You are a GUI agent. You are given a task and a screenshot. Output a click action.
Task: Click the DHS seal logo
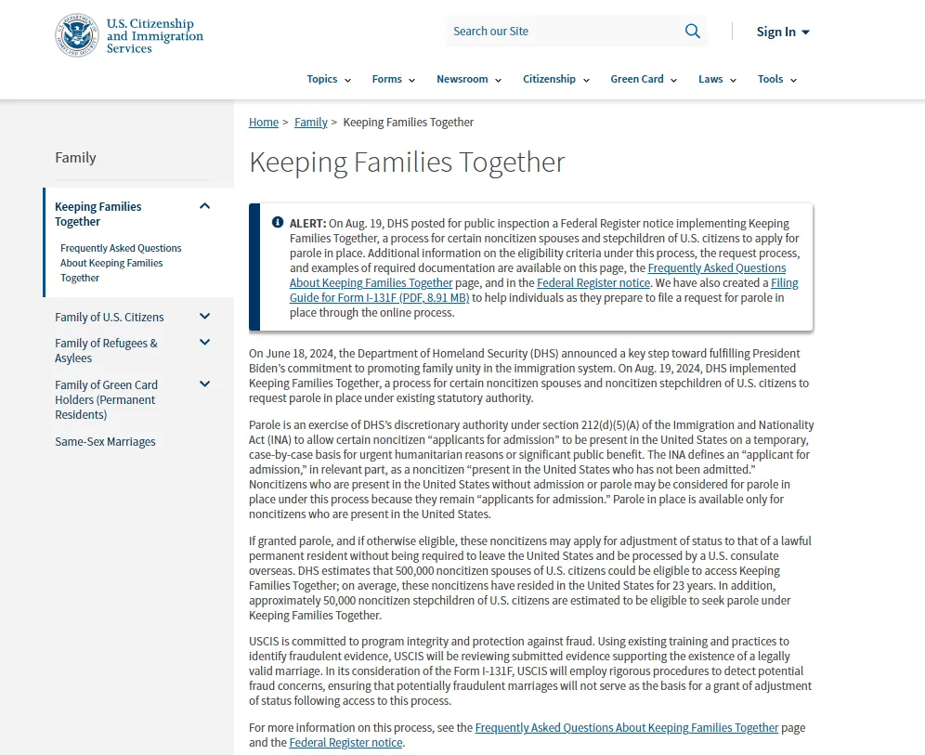pos(76,35)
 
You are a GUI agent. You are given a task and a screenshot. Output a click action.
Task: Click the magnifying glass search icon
pos(693,32)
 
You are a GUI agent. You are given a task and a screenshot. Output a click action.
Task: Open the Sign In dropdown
pos(782,32)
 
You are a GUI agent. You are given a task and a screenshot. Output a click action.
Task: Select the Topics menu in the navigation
pos(329,79)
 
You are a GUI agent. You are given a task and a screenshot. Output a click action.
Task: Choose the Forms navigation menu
pos(393,79)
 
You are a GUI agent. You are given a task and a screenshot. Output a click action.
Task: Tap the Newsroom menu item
pos(468,79)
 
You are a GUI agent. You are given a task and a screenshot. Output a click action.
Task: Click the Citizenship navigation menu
pos(555,79)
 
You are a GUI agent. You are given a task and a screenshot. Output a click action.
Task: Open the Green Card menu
pos(644,79)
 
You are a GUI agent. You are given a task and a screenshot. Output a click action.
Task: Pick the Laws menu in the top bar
pos(717,79)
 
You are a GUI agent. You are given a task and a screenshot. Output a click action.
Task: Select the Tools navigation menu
pos(776,79)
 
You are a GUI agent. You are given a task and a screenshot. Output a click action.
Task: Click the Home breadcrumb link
pos(264,123)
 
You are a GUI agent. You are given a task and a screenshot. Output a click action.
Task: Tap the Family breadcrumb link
pos(311,123)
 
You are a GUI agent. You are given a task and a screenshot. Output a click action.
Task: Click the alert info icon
pos(278,223)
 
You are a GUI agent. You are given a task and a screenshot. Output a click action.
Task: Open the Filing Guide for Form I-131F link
pos(543,291)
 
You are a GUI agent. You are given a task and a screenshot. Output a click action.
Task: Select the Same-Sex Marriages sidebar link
pos(105,442)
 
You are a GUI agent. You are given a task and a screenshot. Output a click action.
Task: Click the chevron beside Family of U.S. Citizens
pos(205,317)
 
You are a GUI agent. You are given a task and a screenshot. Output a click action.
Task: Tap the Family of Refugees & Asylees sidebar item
pos(106,351)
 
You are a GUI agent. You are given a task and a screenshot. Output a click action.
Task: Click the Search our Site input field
pos(562,32)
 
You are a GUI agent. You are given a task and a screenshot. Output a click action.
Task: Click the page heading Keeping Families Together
pos(407,163)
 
